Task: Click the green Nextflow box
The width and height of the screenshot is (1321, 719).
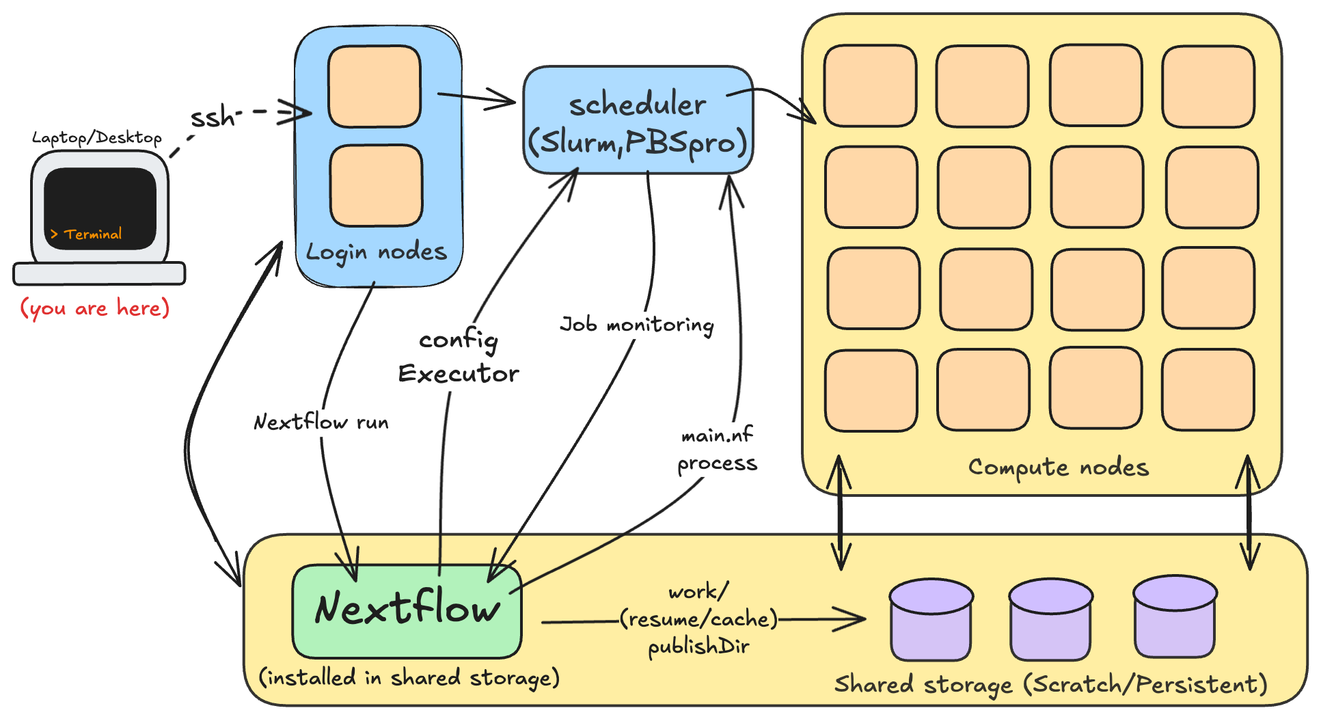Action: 407,610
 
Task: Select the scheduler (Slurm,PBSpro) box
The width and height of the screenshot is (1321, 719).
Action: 638,120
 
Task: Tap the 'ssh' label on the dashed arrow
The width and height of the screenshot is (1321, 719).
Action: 213,118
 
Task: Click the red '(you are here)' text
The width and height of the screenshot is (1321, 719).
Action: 94,308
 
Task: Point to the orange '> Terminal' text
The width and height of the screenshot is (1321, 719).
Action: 86,234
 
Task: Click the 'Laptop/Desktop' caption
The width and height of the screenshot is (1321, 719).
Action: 97,137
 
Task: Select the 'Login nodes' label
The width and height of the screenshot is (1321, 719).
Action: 376,252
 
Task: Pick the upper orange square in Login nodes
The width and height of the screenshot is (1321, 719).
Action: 374,86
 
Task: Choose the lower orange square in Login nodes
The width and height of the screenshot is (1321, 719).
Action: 376,185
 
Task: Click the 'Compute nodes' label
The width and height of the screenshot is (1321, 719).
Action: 1059,467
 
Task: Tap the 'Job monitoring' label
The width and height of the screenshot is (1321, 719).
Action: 637,324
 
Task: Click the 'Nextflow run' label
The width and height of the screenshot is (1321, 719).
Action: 321,422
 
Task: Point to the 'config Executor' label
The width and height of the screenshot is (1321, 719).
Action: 459,356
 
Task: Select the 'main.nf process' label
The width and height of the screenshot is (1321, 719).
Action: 717,449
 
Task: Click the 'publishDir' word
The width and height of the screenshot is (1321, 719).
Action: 698,646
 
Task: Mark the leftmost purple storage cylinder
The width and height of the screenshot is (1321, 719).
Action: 931,620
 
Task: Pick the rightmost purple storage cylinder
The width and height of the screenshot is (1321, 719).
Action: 1175,616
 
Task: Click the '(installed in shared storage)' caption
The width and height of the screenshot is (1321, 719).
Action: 409,677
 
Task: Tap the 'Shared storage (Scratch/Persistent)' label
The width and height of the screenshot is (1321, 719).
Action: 1050,684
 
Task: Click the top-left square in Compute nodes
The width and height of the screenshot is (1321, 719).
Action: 870,86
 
